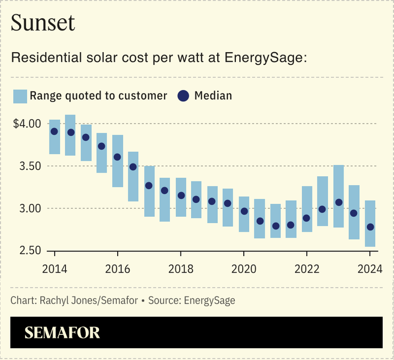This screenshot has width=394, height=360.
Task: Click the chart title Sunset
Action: point(43,23)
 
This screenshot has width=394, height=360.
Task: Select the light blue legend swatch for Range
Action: point(20,96)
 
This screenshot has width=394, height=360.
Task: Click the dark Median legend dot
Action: point(183,96)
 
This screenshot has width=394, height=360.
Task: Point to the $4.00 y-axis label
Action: point(27,124)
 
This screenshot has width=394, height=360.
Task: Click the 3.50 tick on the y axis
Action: point(31,166)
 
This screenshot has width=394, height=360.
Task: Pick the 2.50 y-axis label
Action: point(31,251)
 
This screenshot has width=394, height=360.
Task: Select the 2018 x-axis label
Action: point(180,268)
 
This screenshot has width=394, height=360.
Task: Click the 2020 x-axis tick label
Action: point(244,268)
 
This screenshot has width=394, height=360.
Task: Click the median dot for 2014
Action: point(54,132)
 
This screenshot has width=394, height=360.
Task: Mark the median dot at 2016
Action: point(118,157)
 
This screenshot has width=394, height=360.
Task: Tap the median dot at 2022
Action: point(307,218)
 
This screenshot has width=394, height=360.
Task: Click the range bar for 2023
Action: point(338,196)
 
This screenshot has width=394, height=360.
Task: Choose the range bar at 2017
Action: point(150,191)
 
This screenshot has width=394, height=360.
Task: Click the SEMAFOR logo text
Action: point(62,333)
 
